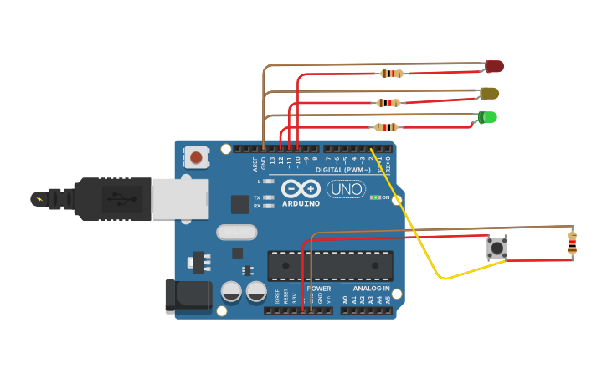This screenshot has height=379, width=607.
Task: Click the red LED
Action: (x=494, y=66)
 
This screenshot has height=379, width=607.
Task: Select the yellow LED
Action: (x=490, y=93)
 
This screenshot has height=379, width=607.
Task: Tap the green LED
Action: (x=487, y=117)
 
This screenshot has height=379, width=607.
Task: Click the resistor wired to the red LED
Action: (x=391, y=74)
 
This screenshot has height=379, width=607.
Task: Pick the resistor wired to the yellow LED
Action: (x=388, y=103)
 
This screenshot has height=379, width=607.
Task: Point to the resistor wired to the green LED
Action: (x=386, y=127)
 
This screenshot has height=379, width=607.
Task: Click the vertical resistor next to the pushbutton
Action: (x=572, y=243)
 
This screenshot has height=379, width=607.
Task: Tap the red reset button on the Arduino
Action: (x=196, y=156)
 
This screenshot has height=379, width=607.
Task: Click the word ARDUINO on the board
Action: (x=301, y=203)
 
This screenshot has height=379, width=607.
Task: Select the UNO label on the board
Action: (x=346, y=189)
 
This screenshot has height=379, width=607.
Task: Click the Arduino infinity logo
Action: (x=301, y=188)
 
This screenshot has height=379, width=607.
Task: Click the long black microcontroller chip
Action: (x=330, y=265)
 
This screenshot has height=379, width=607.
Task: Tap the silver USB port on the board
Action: (x=179, y=198)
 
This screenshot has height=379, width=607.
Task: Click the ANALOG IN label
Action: (x=365, y=289)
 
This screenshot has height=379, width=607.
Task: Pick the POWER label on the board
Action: (x=318, y=289)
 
